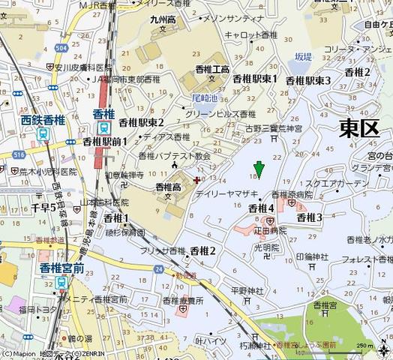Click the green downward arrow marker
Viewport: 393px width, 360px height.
pyautogui.click(x=259, y=168)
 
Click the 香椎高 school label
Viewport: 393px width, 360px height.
pyautogui.click(x=167, y=186)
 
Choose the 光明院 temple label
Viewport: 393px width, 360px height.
pyautogui.click(x=266, y=247)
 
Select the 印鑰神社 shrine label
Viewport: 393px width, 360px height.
pyautogui.click(x=312, y=256)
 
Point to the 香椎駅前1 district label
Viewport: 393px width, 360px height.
pyautogui.click(x=104, y=141)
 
